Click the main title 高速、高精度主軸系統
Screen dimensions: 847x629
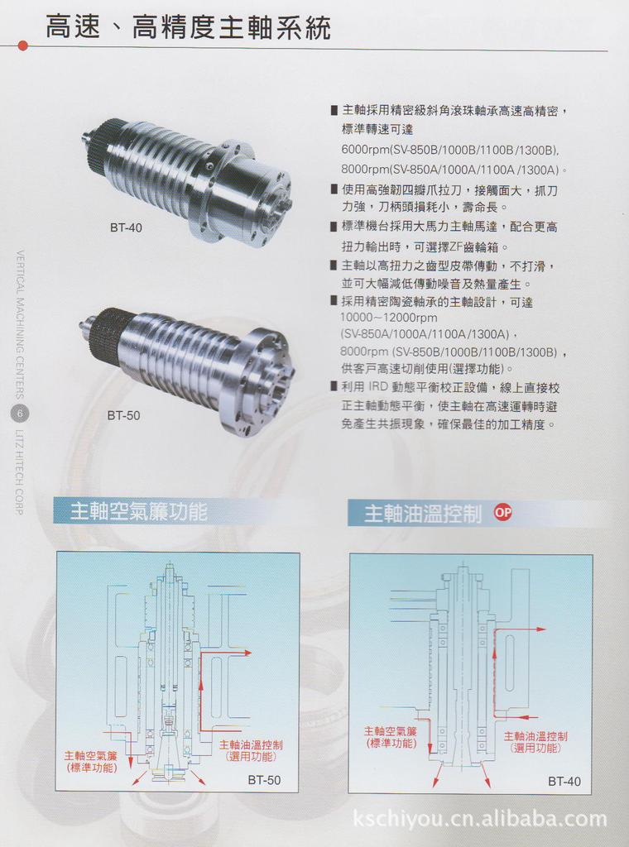[188, 28]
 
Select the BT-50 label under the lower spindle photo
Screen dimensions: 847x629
[123, 415]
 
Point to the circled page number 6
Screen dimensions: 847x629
[20, 414]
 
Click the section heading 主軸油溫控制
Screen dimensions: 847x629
[423, 514]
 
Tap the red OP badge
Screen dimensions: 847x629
[503, 512]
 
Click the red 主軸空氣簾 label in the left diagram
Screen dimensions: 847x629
[91, 762]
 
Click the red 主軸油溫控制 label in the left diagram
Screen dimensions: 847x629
[251, 751]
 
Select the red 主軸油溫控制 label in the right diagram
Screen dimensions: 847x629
[535, 742]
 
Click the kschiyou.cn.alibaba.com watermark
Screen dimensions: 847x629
[479, 820]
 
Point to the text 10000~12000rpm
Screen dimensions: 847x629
[388, 318]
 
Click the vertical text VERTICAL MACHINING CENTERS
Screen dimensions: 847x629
[21, 323]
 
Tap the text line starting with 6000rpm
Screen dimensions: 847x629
[449, 151]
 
